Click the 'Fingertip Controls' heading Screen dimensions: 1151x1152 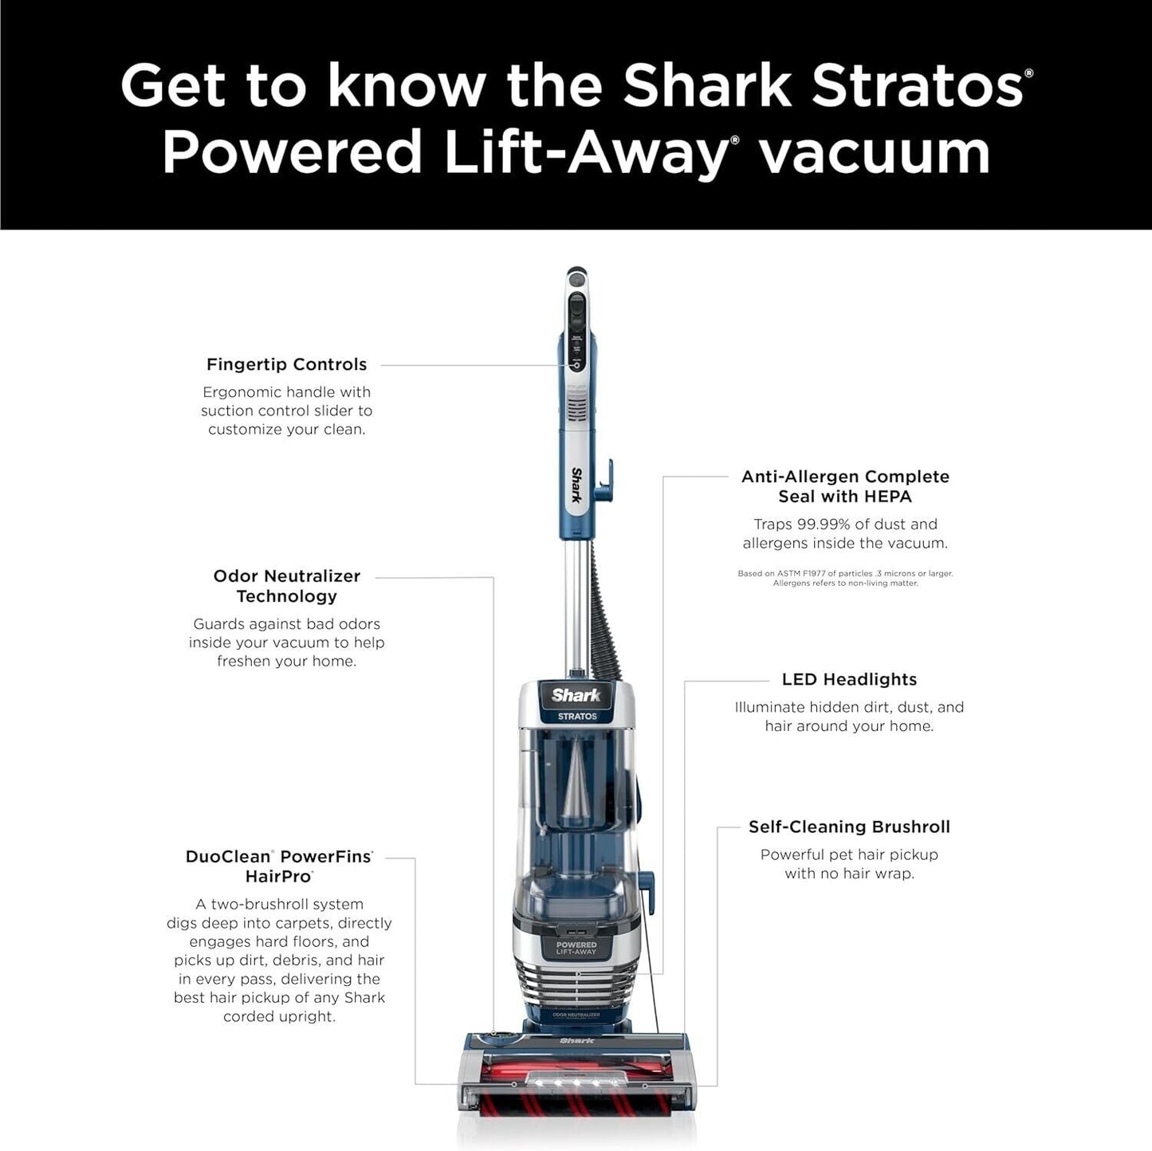[x=286, y=364]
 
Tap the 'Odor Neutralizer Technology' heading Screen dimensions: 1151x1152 [x=286, y=586]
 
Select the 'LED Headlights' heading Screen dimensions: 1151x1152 [x=849, y=679]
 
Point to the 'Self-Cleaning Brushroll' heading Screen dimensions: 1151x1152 [x=849, y=827]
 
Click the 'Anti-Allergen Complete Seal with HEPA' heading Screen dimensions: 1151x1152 [x=845, y=486]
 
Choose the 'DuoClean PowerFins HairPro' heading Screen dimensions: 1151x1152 [x=279, y=866]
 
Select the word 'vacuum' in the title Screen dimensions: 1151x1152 [x=874, y=151]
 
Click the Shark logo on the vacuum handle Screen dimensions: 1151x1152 [x=575, y=485]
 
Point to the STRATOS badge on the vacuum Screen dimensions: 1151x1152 [x=577, y=716]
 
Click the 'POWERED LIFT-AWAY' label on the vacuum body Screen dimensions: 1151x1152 [x=576, y=949]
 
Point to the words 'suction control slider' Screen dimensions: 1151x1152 [x=286, y=411]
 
